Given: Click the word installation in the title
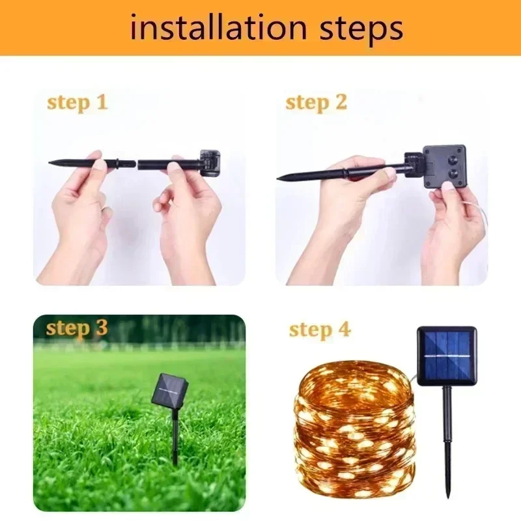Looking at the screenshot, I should coord(219,29).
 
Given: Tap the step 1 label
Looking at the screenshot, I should coord(77,103).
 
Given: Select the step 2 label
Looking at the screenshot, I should coord(317,103).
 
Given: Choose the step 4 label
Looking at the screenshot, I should coord(320,330).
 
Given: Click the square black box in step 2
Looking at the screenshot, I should coord(444,167).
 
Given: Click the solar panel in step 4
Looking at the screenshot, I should coord(447,356).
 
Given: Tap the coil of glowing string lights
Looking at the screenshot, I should coord(355,430).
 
